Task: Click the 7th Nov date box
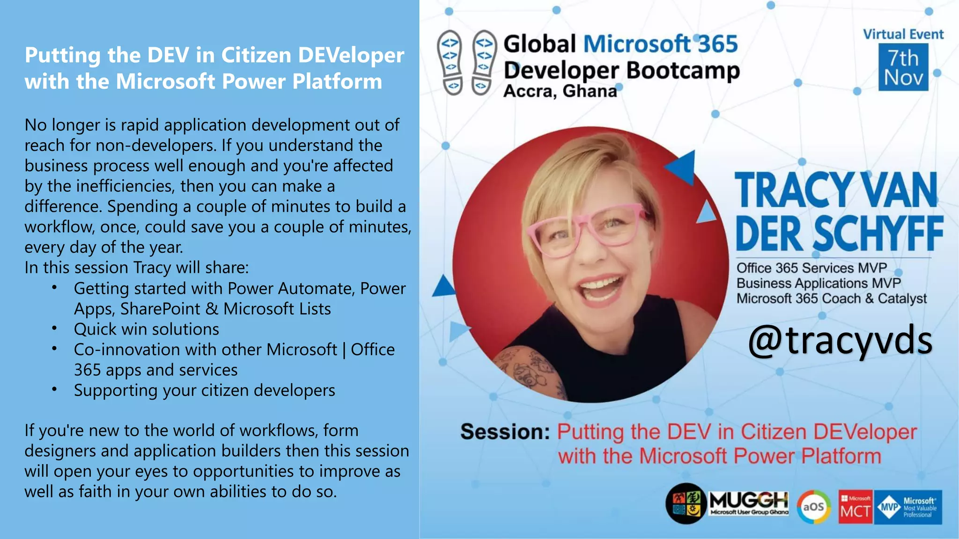point(903,67)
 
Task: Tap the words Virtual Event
point(903,34)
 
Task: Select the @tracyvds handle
point(840,341)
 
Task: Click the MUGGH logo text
point(749,501)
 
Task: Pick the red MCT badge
point(855,507)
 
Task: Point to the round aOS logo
point(814,507)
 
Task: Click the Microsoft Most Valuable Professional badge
point(908,507)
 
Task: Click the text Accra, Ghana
point(560,91)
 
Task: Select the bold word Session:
point(505,431)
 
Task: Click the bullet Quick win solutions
point(146,329)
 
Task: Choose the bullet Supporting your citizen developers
point(204,390)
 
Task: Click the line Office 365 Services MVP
point(811,268)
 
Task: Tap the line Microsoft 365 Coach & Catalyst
point(831,299)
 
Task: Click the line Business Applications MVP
point(818,283)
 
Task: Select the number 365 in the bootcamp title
point(718,44)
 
